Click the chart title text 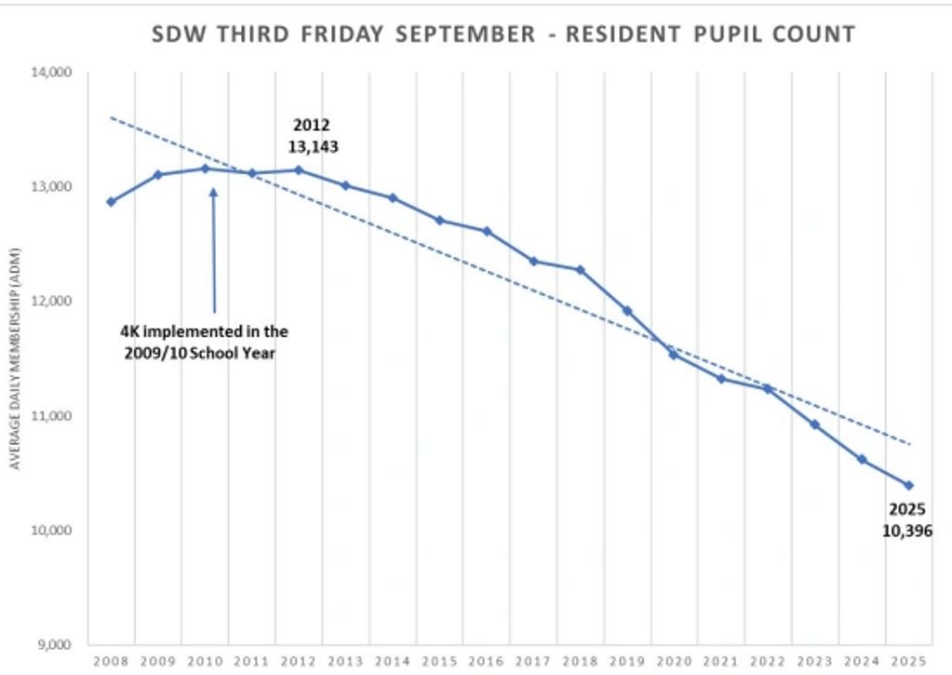(x=503, y=35)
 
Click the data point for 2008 (x=111, y=202)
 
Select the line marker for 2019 (x=627, y=311)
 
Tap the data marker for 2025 (x=909, y=485)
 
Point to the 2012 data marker (x=299, y=170)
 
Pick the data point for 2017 (x=533, y=262)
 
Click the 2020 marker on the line (x=674, y=354)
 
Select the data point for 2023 (x=815, y=425)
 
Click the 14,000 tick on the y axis (x=55, y=73)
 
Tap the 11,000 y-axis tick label (x=55, y=416)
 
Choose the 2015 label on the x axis (x=439, y=661)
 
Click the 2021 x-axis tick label (x=721, y=661)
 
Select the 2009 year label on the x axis (x=157, y=661)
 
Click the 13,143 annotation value (x=313, y=146)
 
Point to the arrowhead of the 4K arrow (x=213, y=192)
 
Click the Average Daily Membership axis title (x=15, y=358)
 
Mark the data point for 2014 (x=393, y=198)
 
